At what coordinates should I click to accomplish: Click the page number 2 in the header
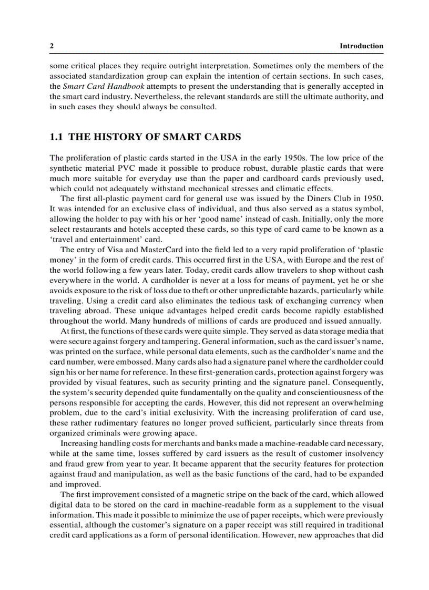click(52, 46)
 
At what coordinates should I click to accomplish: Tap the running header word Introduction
click(361, 46)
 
